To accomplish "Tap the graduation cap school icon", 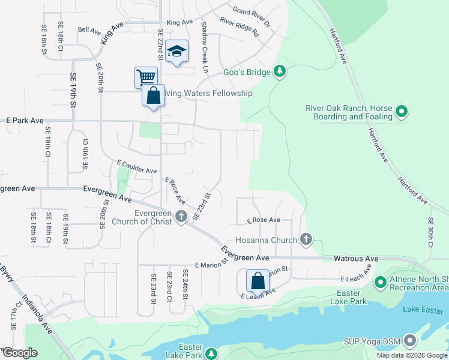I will tap(177, 52).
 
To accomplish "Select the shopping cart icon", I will tap(146, 77).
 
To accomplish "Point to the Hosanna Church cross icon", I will tap(306, 240).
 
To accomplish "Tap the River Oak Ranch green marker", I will tap(402, 111).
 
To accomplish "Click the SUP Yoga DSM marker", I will tap(411, 341).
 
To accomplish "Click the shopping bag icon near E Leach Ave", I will tap(258, 281).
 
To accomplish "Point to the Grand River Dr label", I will tap(252, 11).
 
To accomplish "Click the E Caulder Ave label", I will tap(137, 166).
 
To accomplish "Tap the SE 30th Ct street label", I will tap(431, 233).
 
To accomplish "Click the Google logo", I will tap(19, 353).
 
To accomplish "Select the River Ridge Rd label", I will tap(239, 26).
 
